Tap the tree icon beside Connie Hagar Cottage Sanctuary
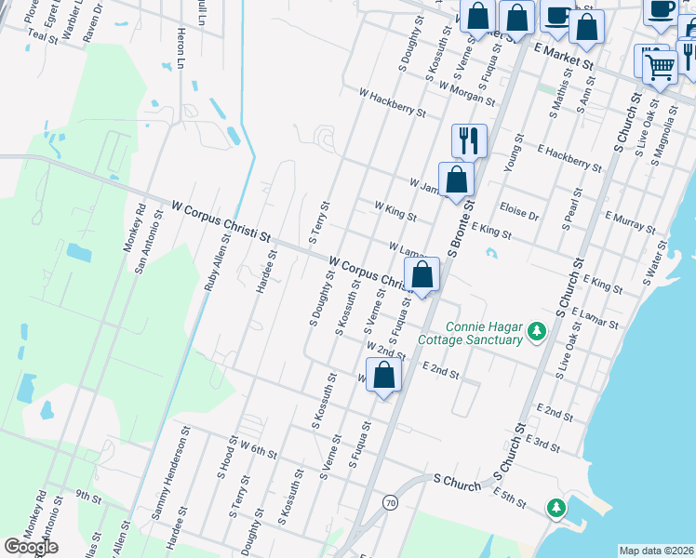coord(536,331)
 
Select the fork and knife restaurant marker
coord(469,141)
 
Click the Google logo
coord(32,547)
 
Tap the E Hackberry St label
coord(569,157)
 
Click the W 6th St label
coord(259,449)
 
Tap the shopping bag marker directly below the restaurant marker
coord(456,180)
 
